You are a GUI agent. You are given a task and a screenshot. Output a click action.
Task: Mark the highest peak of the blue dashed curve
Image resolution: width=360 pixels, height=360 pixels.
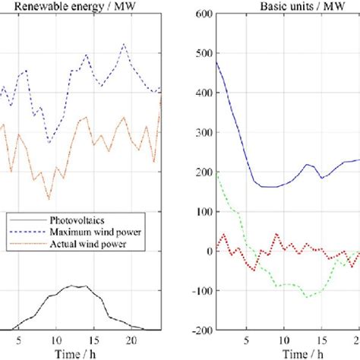(124, 43)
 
